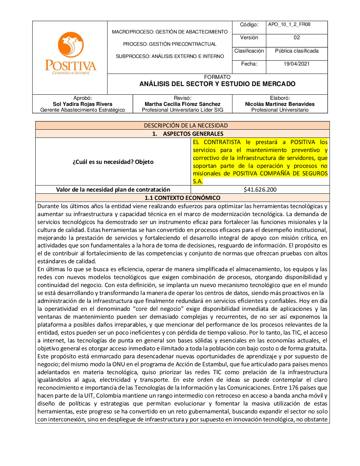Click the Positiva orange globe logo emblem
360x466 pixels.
pos(71,45)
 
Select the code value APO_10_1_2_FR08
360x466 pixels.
pos(289,24)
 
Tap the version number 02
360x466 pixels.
pos(297,37)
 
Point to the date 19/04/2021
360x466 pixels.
pos(297,64)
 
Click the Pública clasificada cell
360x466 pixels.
pos(297,51)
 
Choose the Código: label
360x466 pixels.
pos(249,24)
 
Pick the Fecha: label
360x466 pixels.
pos(249,64)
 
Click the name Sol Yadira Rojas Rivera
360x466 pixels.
pos(82,104)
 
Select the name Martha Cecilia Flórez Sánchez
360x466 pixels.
pos(183,104)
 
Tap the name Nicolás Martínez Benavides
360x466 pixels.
pos(280,104)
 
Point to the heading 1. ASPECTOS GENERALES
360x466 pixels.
pos(188,134)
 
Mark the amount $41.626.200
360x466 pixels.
pos(260,189)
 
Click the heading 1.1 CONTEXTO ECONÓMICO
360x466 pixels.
pos(183,198)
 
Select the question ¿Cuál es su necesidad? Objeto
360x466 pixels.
pos(113,162)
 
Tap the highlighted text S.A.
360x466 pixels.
pos(198,181)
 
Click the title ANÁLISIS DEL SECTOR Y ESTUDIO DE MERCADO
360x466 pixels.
pos(217,84)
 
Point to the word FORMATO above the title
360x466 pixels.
pos(217,77)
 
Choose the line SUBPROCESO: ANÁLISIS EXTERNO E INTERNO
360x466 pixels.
pos(170,56)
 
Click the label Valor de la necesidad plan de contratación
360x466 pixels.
pos(113,189)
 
